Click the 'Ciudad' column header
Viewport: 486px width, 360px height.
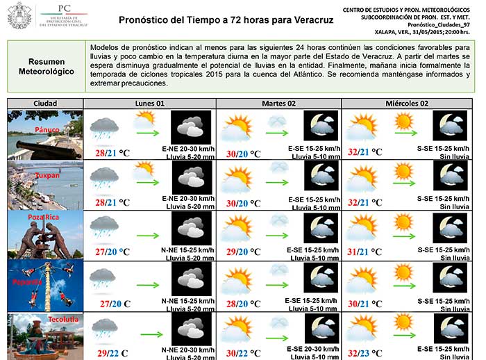click(x=45, y=104)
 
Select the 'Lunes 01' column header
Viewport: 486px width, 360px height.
click(x=149, y=104)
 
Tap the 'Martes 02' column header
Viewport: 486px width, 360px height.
click(x=278, y=104)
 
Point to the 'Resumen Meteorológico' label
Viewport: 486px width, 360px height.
click(x=46, y=67)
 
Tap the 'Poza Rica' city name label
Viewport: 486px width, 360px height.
click(x=44, y=217)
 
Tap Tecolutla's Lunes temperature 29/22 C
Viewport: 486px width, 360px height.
click(x=113, y=354)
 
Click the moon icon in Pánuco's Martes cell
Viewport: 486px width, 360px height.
click(x=321, y=127)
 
